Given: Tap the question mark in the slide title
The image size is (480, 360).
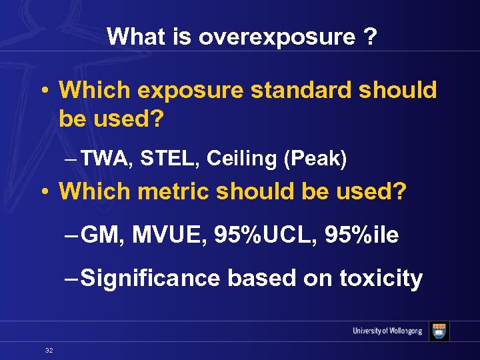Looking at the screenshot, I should coord(369,37).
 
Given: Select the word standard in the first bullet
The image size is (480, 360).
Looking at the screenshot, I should coord(302,90).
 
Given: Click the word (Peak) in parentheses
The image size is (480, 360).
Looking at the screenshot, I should coord(315,158).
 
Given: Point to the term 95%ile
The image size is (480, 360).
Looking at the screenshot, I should coord(363,235).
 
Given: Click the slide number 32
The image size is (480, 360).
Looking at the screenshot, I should coord(49,350).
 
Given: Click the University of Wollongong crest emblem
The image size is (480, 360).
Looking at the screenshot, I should coord(439,331).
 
